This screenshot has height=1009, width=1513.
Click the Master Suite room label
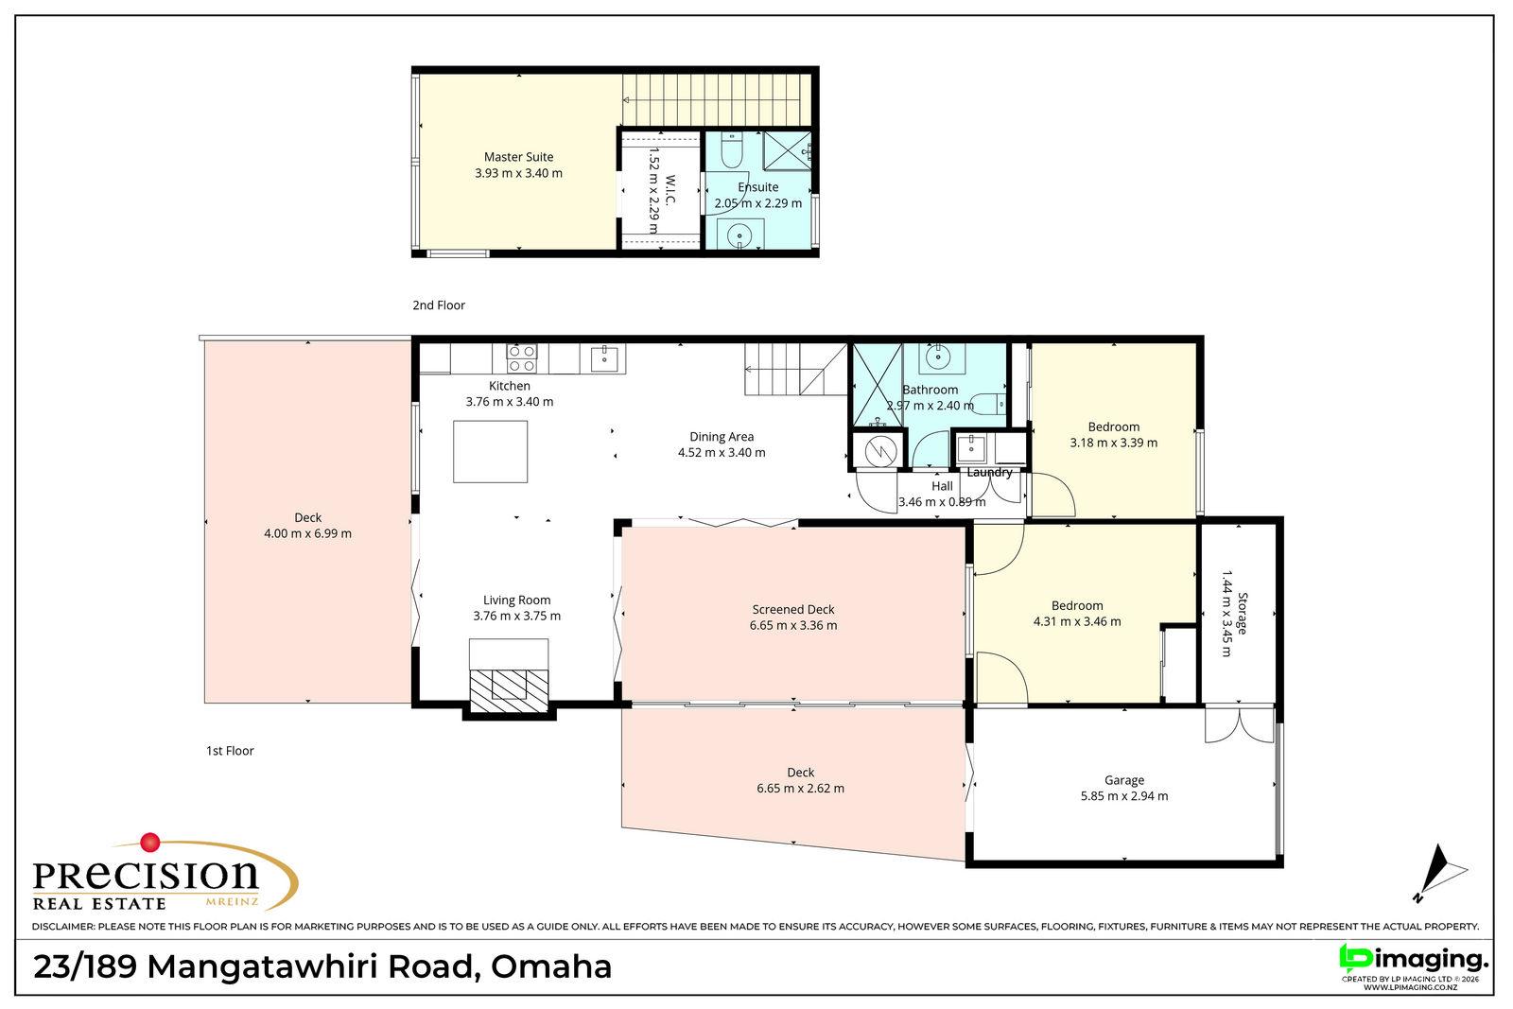pyautogui.click(x=519, y=157)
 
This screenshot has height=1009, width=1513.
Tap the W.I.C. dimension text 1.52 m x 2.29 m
pyautogui.click(x=653, y=191)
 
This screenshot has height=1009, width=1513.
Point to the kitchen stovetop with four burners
pyautogui.click(x=522, y=358)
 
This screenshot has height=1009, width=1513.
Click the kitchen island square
pyautogui.click(x=491, y=451)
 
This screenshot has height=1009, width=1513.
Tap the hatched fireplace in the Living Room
pyautogui.click(x=509, y=690)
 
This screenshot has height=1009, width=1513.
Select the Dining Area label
pyautogui.click(x=722, y=437)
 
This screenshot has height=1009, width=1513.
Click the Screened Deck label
pyautogui.click(x=793, y=609)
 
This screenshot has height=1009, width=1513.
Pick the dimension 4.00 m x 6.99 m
pyautogui.click(x=308, y=533)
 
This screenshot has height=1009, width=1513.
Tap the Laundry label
pyautogui.click(x=989, y=472)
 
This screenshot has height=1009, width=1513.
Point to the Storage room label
pyautogui.click(x=1243, y=613)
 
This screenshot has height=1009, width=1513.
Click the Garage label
pyautogui.click(x=1124, y=780)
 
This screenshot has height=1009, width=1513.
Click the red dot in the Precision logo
pyautogui.click(x=150, y=843)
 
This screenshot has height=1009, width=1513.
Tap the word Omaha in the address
pyautogui.click(x=551, y=966)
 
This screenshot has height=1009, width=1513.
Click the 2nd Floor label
pyautogui.click(x=439, y=305)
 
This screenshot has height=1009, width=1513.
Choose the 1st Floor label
pyautogui.click(x=230, y=750)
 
